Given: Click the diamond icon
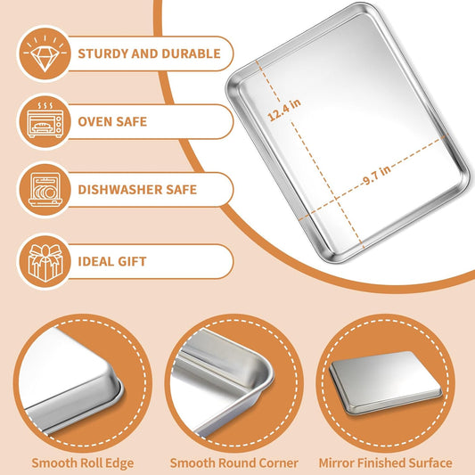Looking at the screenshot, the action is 45,53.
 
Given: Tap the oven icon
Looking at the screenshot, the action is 45,120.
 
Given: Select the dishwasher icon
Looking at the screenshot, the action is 45,190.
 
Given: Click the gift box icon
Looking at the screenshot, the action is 45,262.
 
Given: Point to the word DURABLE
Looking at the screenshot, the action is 191,53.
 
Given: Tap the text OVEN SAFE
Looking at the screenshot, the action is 112,122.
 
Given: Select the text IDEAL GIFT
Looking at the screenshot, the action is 112,262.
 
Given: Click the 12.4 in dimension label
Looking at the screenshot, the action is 284,110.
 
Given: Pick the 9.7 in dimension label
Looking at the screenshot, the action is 377,175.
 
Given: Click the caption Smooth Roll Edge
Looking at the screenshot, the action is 82,463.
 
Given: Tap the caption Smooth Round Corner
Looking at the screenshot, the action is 233,463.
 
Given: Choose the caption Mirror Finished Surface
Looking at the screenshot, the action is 385,463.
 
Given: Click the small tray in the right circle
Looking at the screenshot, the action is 385,382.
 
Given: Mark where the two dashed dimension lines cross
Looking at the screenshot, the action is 336,198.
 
